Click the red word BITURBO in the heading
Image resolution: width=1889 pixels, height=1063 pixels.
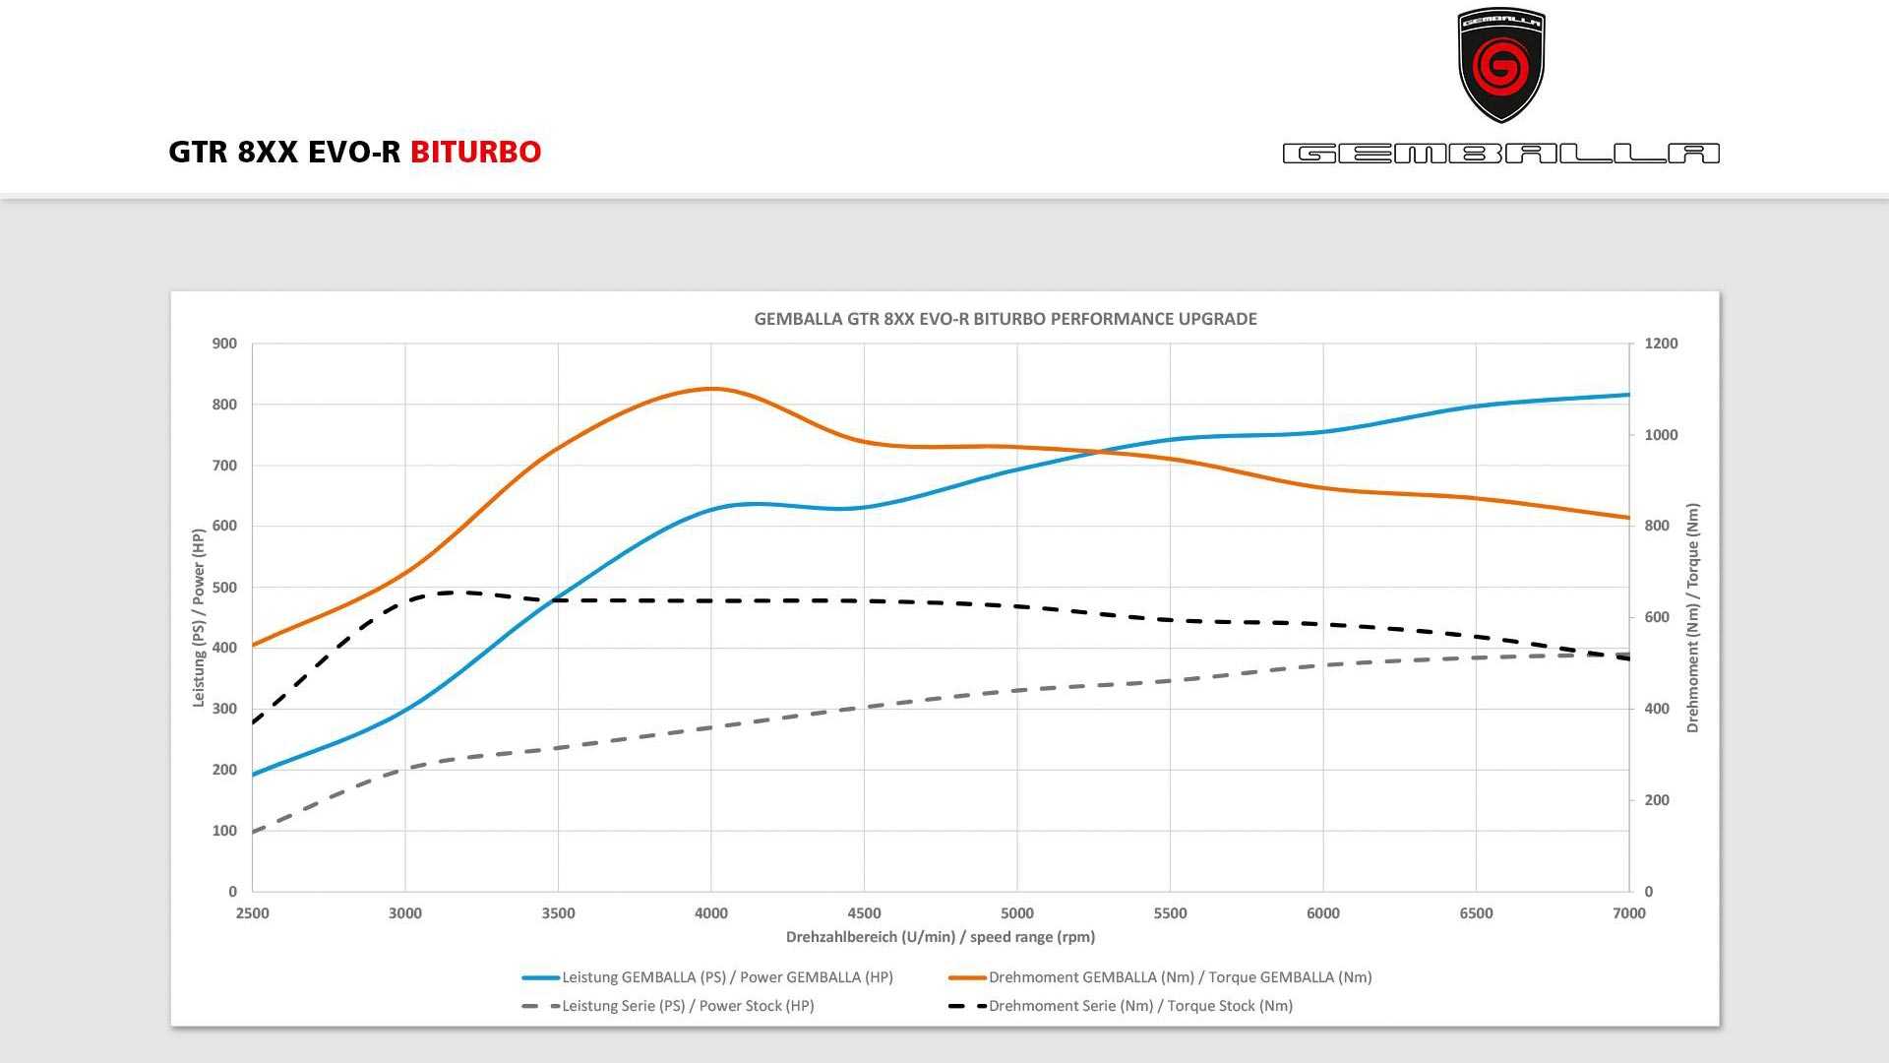(x=475, y=153)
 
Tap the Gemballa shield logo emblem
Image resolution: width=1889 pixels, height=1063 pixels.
(x=1500, y=65)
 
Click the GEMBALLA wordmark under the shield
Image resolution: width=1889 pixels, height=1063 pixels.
(x=1500, y=154)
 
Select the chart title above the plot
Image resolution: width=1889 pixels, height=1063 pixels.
(x=1005, y=319)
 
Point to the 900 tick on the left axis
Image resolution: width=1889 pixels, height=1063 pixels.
(x=224, y=344)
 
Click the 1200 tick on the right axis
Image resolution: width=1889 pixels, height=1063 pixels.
(x=1661, y=344)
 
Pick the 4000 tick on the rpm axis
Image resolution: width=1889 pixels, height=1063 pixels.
(x=711, y=913)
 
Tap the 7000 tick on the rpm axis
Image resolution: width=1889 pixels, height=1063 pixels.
(x=1628, y=913)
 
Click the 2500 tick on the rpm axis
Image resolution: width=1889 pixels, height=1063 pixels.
(x=253, y=913)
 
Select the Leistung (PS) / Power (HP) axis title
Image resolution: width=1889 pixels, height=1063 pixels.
(x=199, y=617)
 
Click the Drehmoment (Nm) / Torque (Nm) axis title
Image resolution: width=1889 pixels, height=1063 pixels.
(x=1692, y=617)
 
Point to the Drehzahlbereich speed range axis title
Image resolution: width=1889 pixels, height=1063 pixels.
(x=940, y=937)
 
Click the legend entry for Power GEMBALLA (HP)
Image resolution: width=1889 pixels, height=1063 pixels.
(x=727, y=977)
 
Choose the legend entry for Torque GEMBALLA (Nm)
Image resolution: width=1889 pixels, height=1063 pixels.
(x=1180, y=977)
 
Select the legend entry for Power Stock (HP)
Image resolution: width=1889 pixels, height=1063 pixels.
(x=688, y=1006)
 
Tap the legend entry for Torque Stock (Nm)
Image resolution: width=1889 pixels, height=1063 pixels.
(x=1140, y=1006)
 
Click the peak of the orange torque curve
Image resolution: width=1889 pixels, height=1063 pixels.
(x=711, y=389)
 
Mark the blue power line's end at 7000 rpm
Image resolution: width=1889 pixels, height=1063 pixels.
(x=1628, y=395)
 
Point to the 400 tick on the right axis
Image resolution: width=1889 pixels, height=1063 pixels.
(x=1657, y=709)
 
